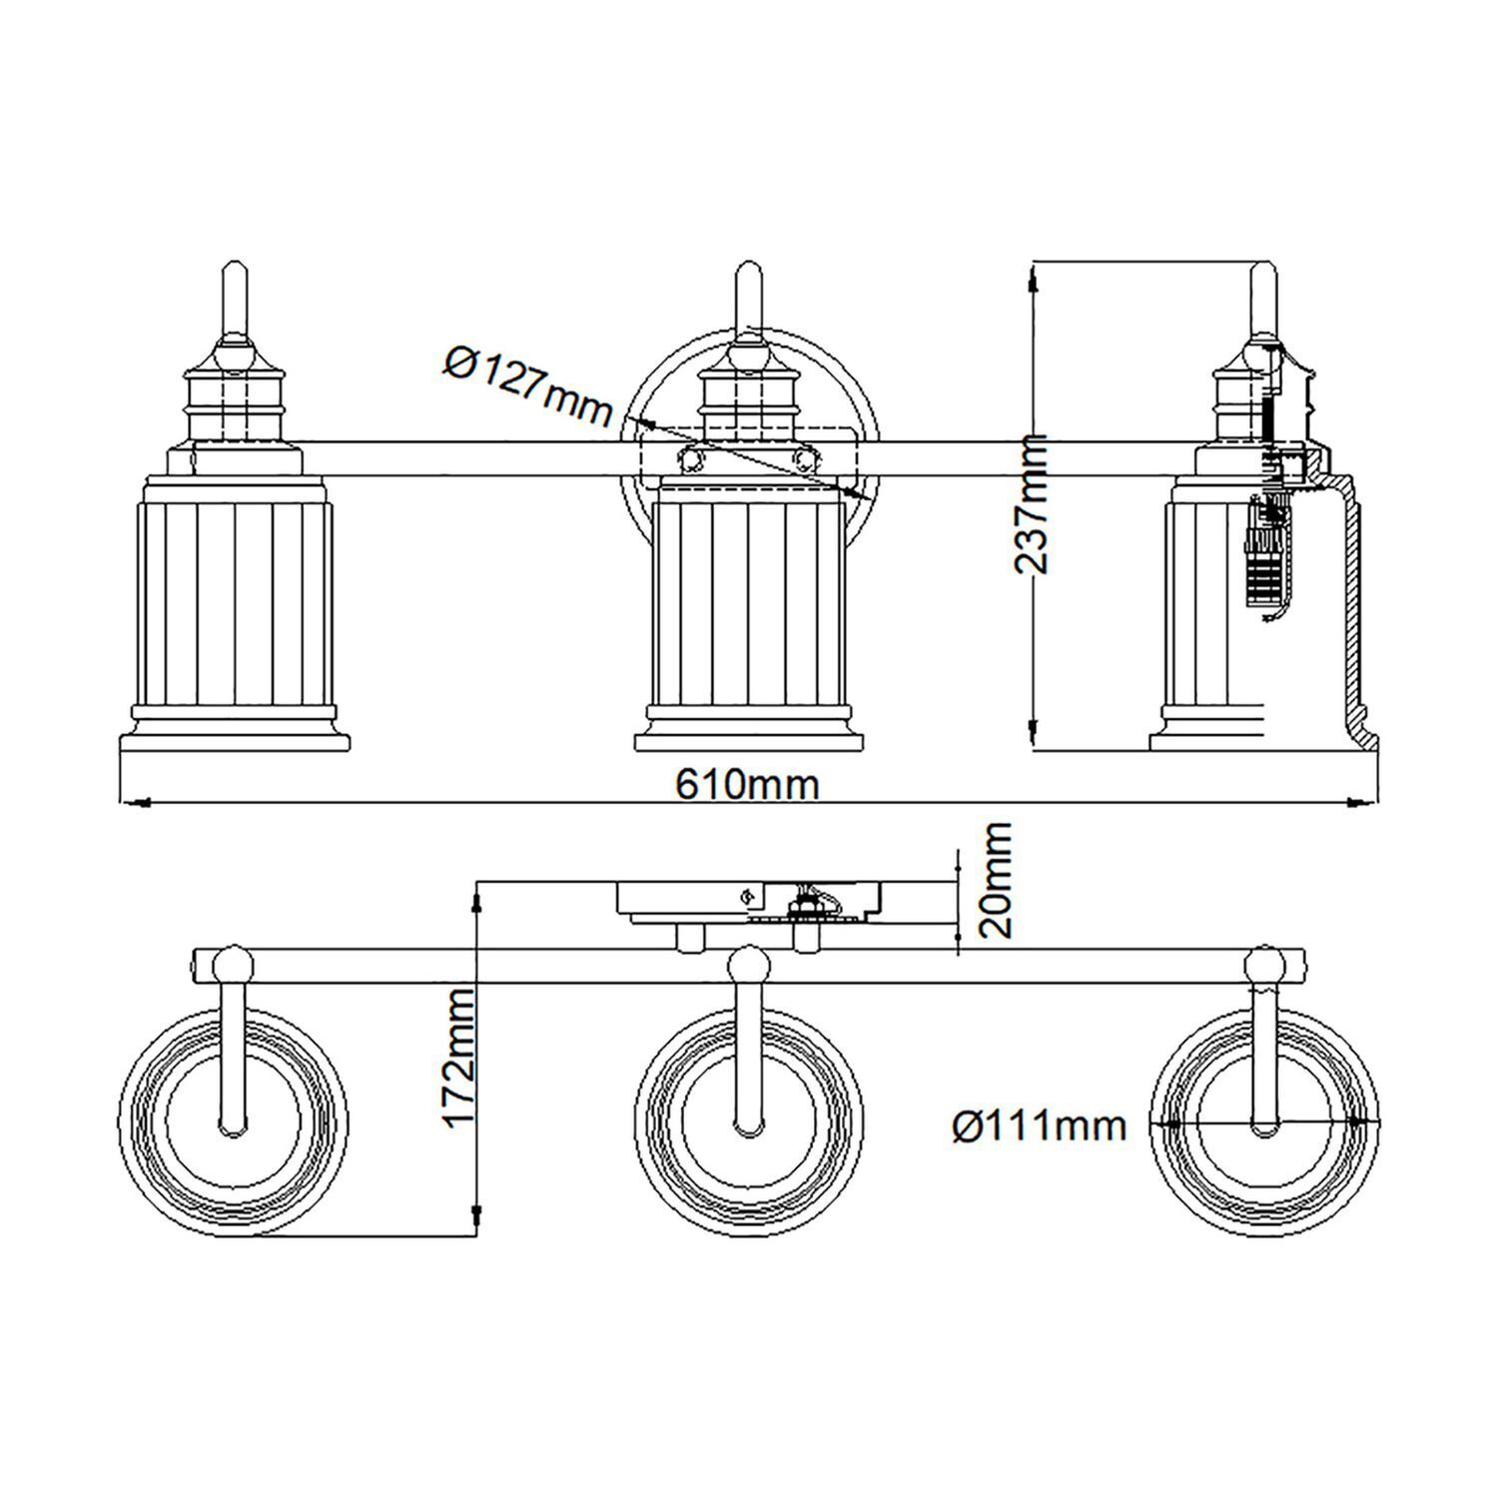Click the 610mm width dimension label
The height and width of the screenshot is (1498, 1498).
click(x=747, y=784)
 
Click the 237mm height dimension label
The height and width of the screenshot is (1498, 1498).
click(x=1031, y=504)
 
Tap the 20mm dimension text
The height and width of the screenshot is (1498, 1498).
click(x=996, y=879)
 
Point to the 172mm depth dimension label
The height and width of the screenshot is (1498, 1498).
click(x=458, y=1058)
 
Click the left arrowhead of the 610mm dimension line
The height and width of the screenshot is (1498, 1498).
click(x=135, y=801)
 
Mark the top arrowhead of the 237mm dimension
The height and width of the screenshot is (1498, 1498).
click(x=1033, y=280)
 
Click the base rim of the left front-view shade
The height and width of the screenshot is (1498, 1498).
click(x=234, y=742)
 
